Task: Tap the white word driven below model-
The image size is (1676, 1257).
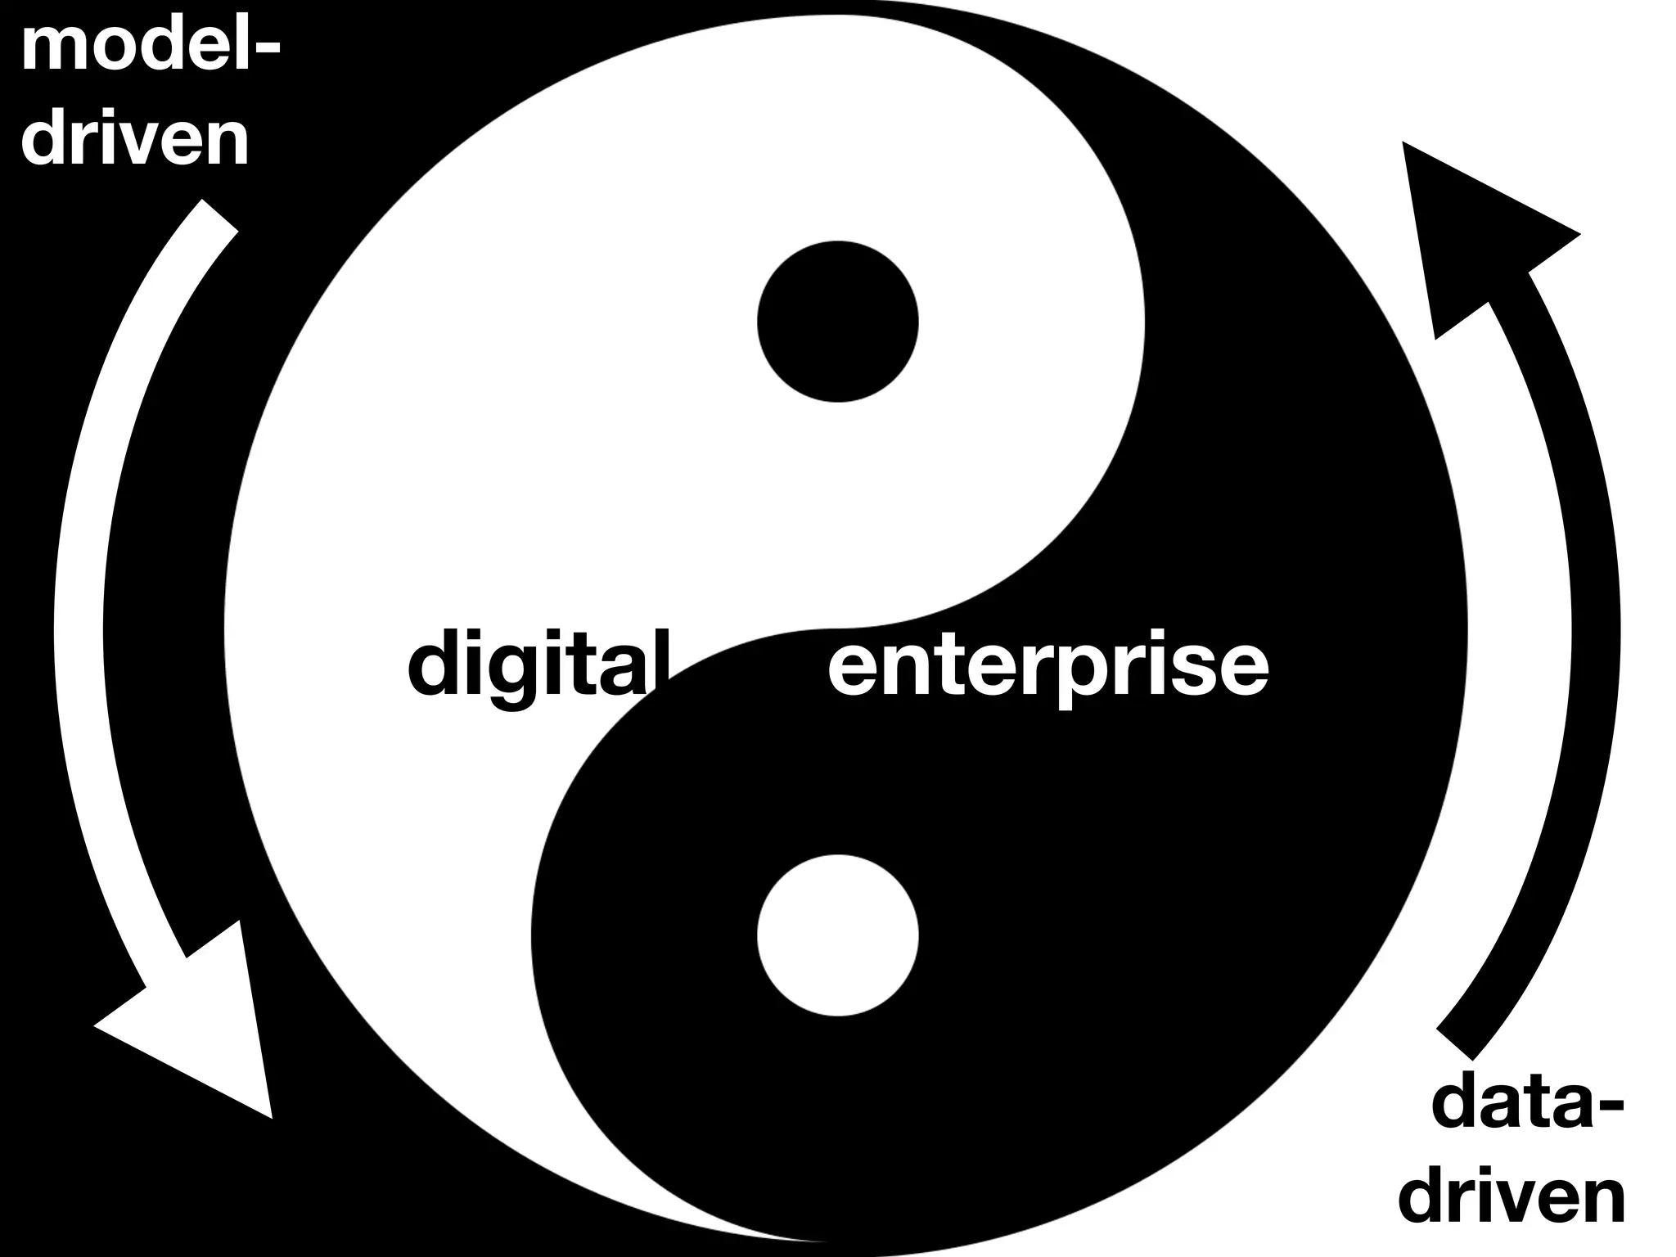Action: [135, 141]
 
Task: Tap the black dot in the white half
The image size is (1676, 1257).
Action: [837, 322]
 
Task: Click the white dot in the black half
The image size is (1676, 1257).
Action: [837, 935]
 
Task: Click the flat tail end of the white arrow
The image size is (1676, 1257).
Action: [219, 216]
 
